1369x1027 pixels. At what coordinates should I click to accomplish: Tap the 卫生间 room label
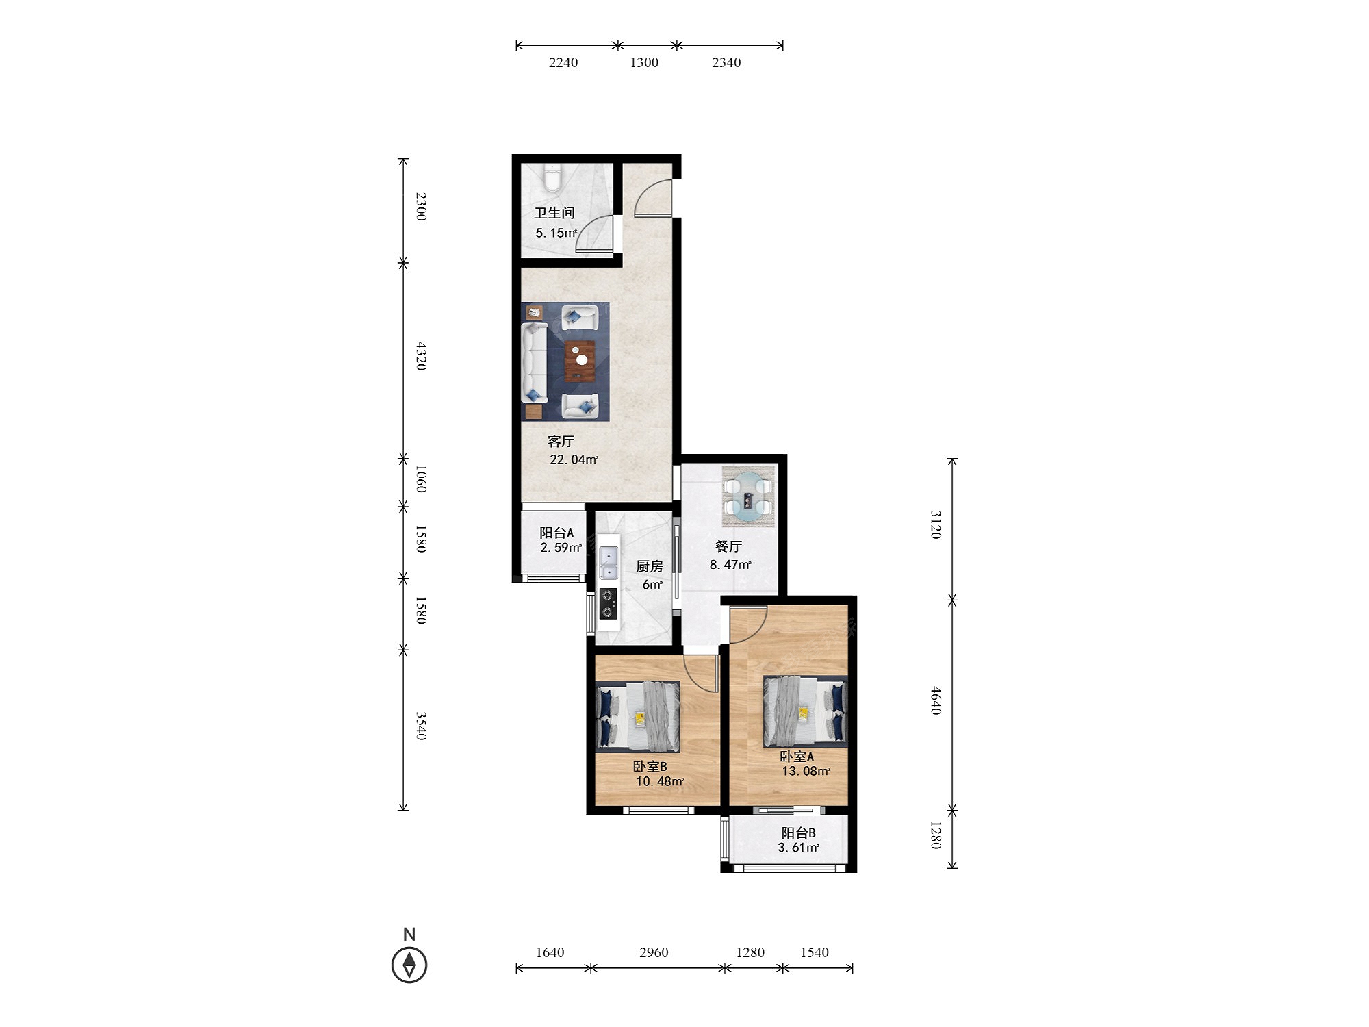tap(554, 213)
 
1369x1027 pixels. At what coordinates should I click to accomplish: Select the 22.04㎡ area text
tap(574, 459)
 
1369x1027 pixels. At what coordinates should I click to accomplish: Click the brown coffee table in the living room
tap(580, 361)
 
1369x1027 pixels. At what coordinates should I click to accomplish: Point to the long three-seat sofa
tap(535, 362)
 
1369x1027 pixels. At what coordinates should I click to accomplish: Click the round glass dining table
tap(748, 497)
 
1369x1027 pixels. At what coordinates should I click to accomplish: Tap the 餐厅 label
tap(728, 546)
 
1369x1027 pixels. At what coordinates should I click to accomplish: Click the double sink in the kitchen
tap(609, 563)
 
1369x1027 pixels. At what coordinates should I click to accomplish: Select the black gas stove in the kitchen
tap(608, 604)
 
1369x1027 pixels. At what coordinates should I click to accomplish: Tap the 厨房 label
tap(650, 566)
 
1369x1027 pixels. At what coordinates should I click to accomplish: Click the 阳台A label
tap(556, 532)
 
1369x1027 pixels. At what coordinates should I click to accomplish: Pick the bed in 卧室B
tap(639, 716)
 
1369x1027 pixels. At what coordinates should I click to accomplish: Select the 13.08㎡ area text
tap(806, 771)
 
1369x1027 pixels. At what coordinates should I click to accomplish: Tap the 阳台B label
tap(799, 833)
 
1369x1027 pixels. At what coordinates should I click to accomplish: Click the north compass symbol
tap(409, 964)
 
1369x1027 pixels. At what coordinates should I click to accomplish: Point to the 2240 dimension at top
tap(563, 62)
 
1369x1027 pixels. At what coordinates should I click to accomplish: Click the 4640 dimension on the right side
tap(936, 700)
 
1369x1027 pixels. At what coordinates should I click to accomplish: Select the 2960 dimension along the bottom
tap(654, 952)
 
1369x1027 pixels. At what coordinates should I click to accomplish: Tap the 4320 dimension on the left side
tap(422, 356)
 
